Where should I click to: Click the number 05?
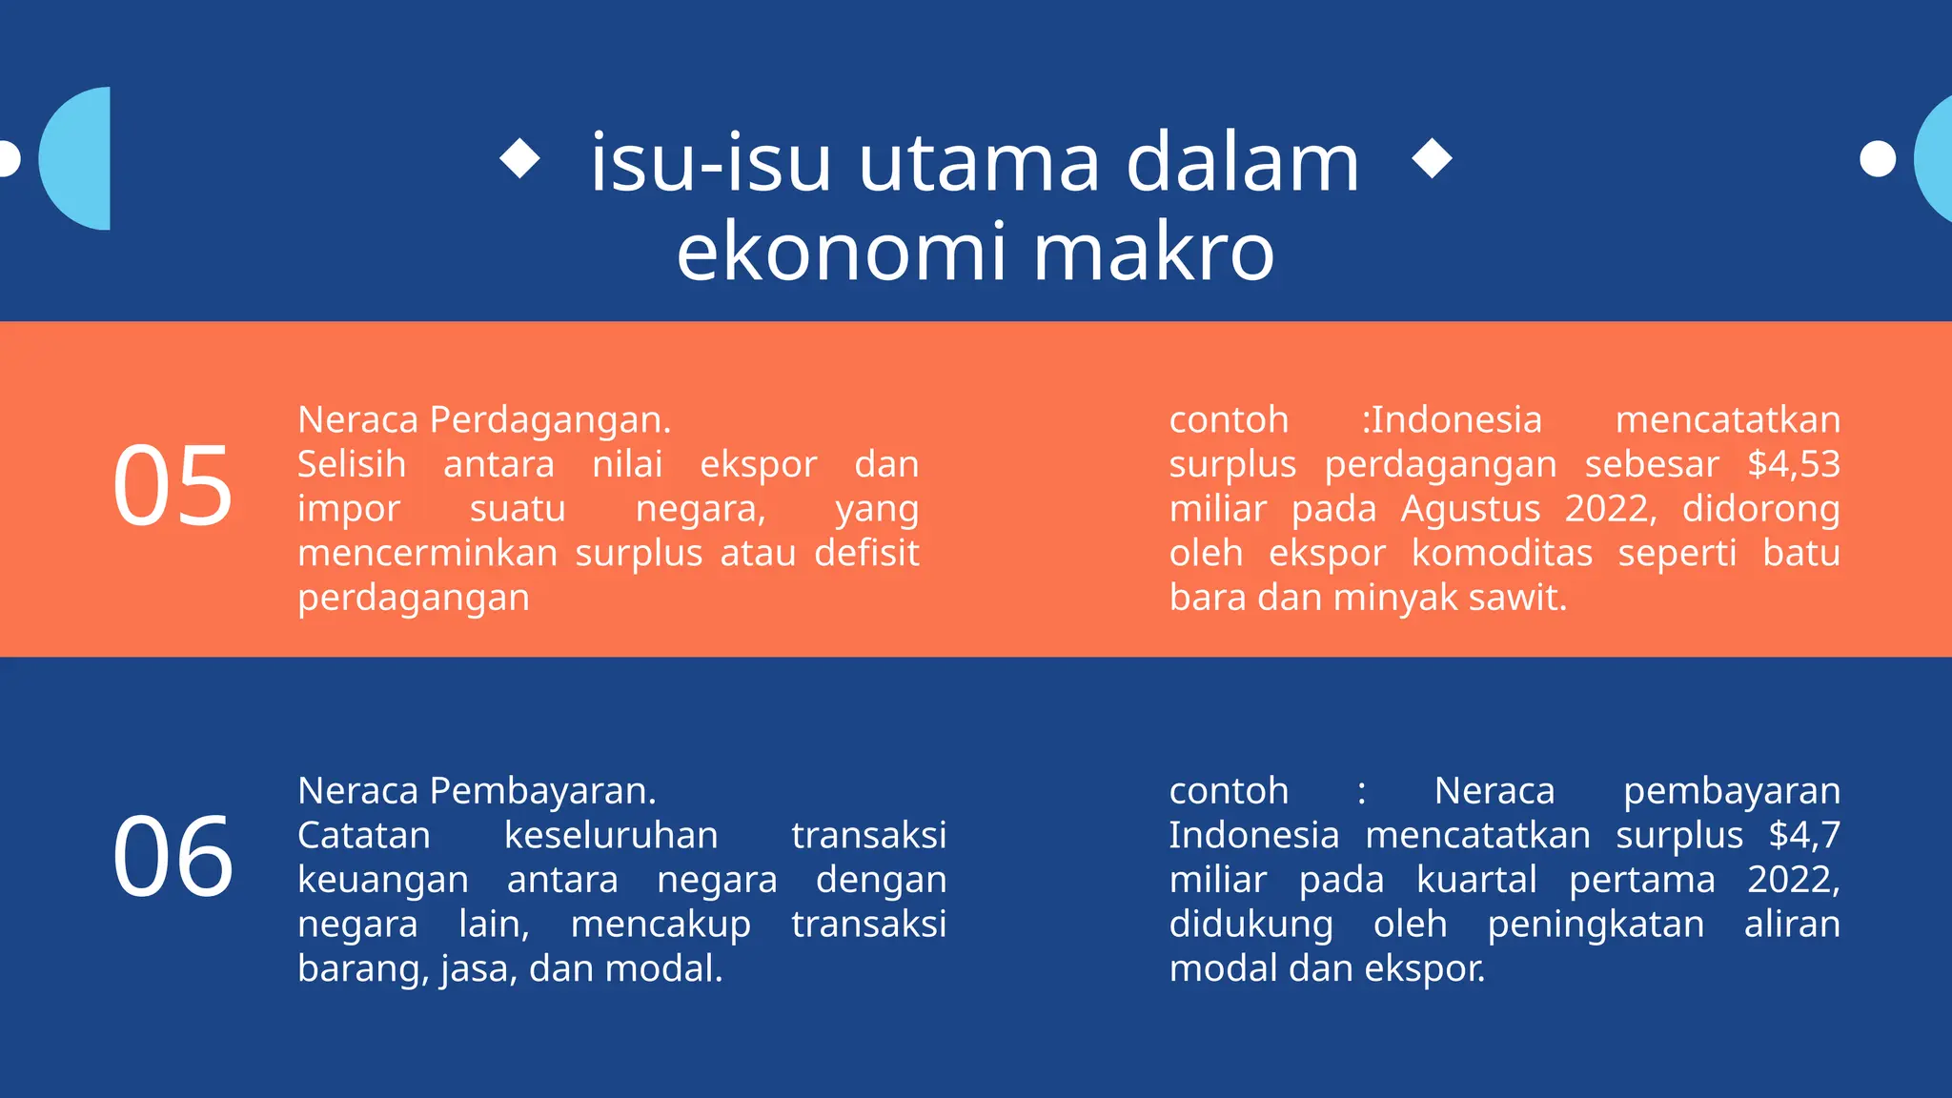click(173, 486)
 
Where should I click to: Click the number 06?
click(173, 857)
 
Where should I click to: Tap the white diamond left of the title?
click(519, 158)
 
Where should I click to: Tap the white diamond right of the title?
click(1432, 158)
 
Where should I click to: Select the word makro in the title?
click(1153, 252)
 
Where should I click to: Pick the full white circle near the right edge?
click(1878, 158)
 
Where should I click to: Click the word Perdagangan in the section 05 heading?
click(550, 420)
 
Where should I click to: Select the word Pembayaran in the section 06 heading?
click(542, 791)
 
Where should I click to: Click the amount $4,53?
click(1793, 464)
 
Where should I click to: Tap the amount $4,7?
click(1804, 835)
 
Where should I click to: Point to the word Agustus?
click(1470, 509)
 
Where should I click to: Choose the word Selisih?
click(352, 464)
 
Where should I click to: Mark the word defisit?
click(866, 553)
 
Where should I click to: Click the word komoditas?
click(1501, 553)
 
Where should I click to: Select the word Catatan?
click(364, 835)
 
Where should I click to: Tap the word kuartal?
click(1476, 880)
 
